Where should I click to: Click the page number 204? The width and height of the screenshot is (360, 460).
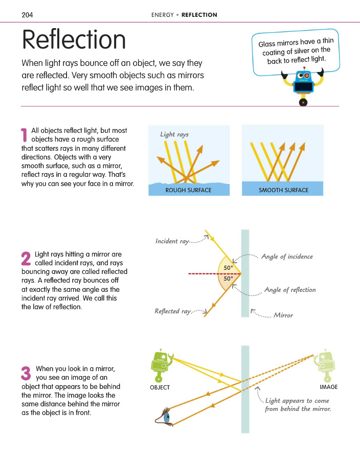tap(27, 15)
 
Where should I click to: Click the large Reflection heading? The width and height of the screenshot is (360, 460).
tap(74, 39)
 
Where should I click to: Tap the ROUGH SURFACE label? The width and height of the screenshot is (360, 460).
tap(188, 190)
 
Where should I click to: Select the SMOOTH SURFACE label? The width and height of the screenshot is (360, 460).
tap(283, 190)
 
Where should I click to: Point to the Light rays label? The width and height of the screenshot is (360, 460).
tap(174, 134)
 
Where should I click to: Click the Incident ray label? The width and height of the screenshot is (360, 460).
tap(172, 241)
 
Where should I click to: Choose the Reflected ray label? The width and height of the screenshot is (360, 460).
tap(173, 311)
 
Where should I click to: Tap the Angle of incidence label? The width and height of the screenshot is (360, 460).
tap(287, 257)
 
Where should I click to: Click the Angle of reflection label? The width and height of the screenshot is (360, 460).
tap(290, 290)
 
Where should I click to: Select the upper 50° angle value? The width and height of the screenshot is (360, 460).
tap(228, 268)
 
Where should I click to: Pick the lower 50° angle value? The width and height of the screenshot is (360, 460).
tap(228, 279)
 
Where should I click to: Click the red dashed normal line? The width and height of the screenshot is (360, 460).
tap(214, 274)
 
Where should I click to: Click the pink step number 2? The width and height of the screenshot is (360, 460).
tap(26, 258)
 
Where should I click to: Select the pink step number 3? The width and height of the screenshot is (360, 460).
tap(26, 373)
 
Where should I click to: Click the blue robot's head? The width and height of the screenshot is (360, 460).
tap(303, 76)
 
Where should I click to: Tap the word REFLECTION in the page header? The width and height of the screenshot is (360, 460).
tap(199, 15)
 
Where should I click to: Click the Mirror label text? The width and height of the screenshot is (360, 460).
tap(283, 315)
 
